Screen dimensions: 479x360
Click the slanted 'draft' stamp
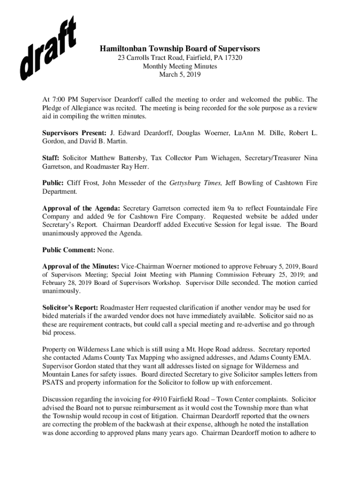(48, 48)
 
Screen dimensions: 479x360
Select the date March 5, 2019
(180, 74)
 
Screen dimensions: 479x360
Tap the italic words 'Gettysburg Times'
(196, 183)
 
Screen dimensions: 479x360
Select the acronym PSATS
(53, 383)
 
